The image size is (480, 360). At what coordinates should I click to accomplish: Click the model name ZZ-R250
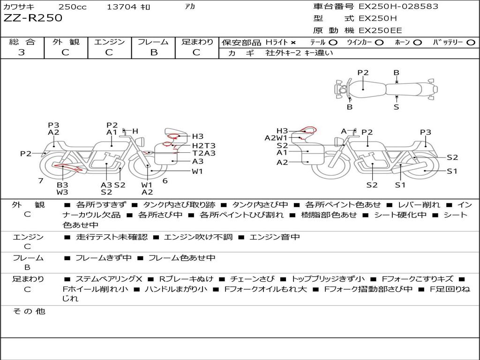[x=33, y=18]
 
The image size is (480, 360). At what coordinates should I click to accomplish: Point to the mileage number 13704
[x=121, y=7]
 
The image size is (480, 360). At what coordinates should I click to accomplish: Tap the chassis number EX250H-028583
[x=398, y=7]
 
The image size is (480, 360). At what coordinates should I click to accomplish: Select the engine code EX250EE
[x=380, y=31]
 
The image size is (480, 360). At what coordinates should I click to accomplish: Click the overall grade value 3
[x=22, y=52]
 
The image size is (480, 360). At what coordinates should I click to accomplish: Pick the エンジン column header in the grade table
[x=109, y=42]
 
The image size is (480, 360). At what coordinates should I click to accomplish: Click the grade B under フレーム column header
[x=153, y=52]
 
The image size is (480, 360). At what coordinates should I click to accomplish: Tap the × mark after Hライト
[x=293, y=43]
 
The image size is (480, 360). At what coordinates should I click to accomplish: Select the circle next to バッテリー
[x=471, y=43]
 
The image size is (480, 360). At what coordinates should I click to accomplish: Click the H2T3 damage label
[x=204, y=145]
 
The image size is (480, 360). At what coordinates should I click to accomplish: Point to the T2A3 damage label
[x=204, y=153]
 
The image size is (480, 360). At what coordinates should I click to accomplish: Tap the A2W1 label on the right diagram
[x=276, y=138]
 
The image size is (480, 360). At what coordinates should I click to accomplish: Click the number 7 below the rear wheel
[x=41, y=181]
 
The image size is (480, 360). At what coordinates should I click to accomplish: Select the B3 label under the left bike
[x=62, y=185]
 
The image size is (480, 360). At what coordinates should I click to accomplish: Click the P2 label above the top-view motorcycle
[x=363, y=73]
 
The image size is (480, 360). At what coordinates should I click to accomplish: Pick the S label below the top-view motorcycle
[x=397, y=107]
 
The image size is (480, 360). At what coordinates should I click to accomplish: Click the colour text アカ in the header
[x=190, y=7]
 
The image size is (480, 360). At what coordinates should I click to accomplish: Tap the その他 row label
[x=29, y=311]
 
